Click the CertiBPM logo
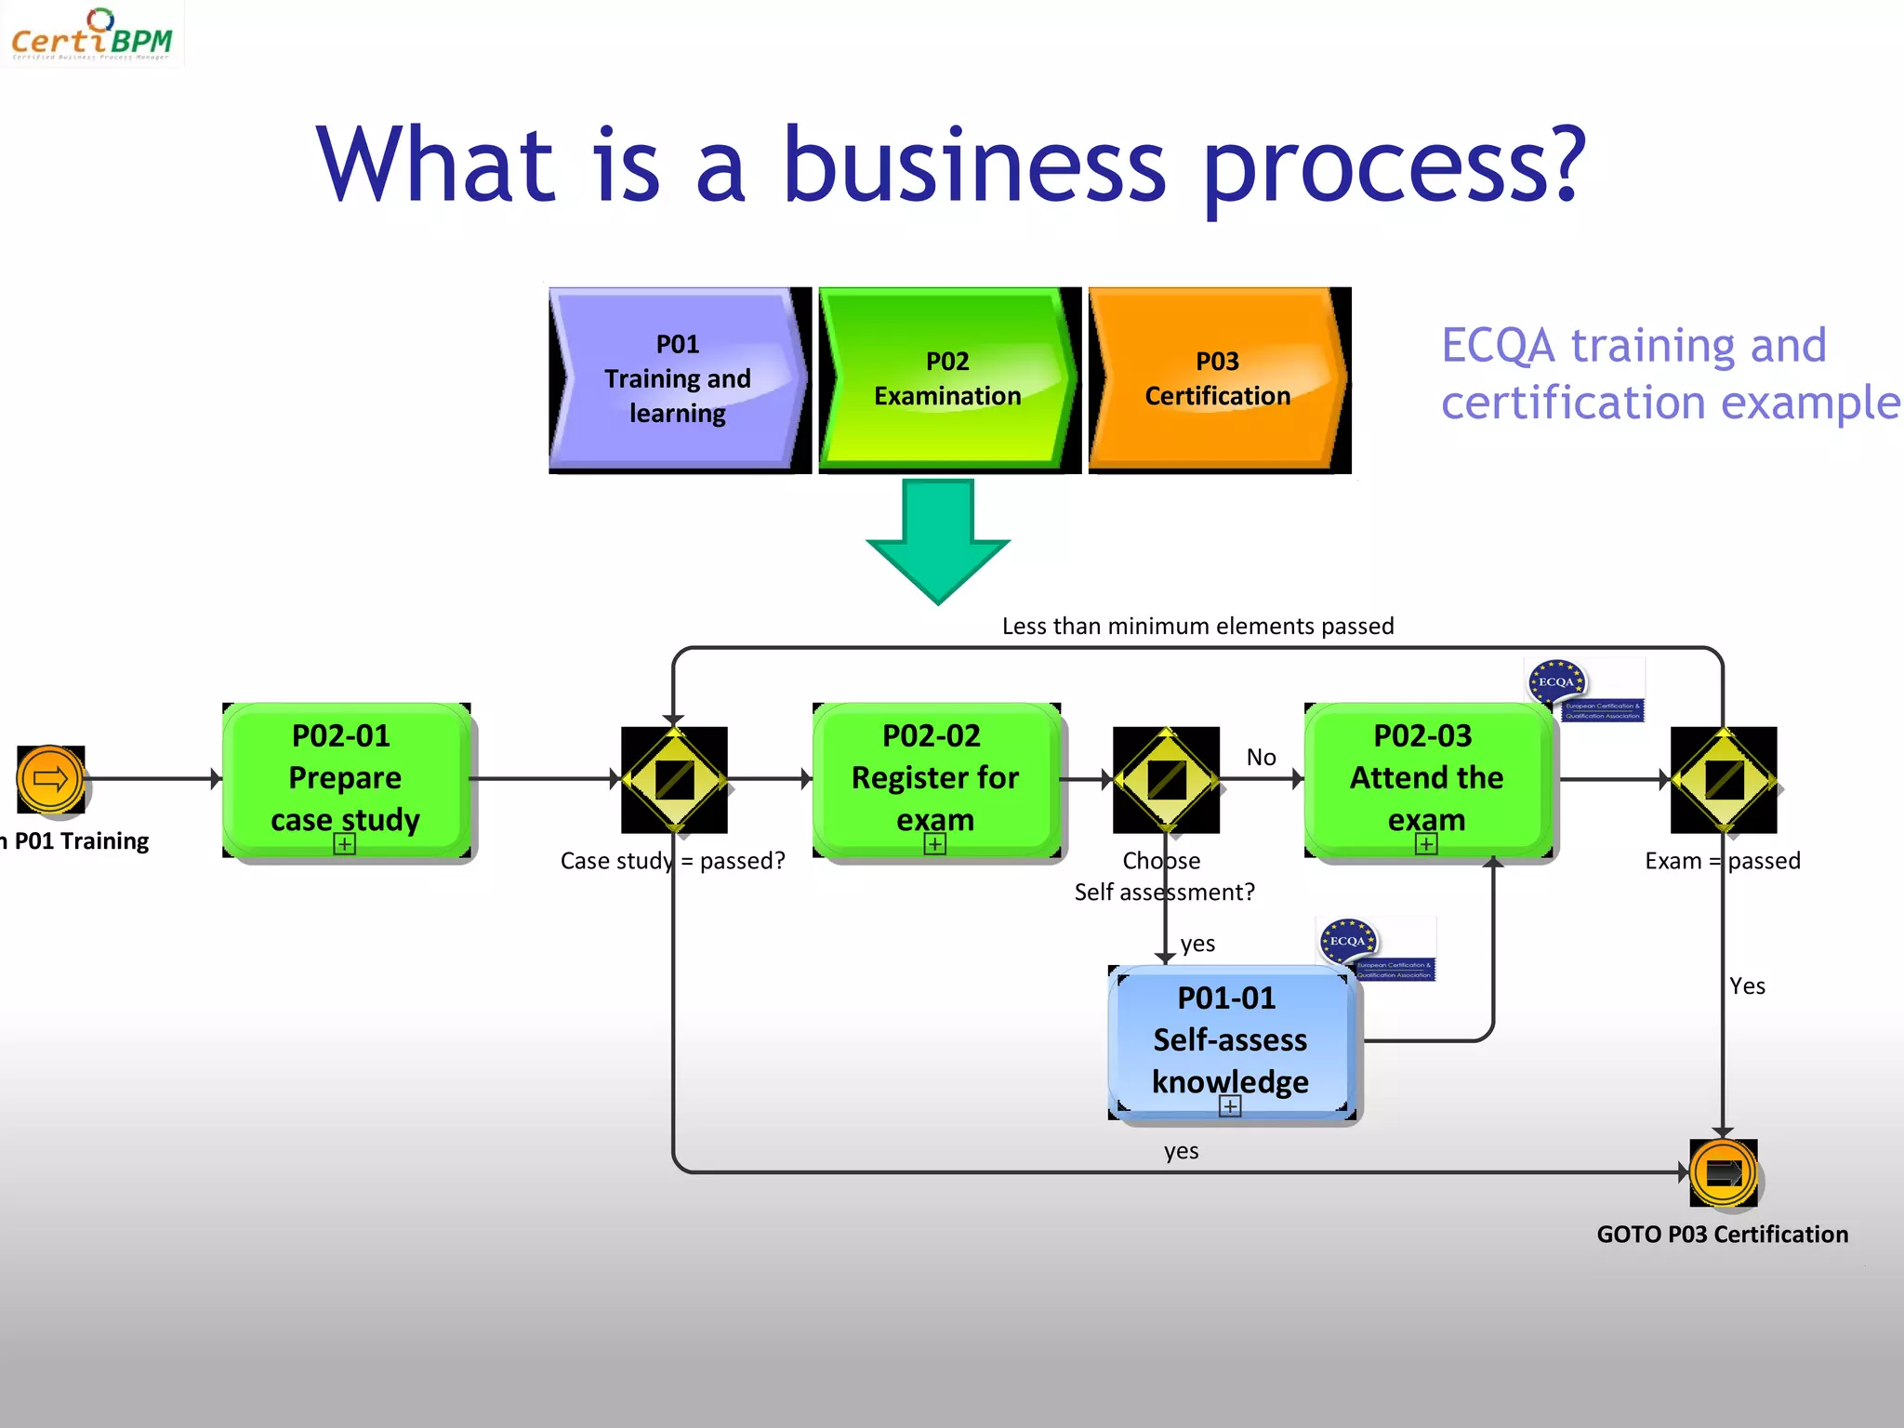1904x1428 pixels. point(91,35)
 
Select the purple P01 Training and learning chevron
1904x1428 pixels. point(678,378)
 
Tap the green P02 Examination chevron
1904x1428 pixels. point(947,378)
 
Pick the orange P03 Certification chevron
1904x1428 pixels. point(1217,378)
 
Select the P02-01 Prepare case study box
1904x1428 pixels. point(346,779)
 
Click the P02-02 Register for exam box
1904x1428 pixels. point(935,779)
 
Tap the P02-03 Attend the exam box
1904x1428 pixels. point(1426,779)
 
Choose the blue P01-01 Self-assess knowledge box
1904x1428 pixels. point(1230,1040)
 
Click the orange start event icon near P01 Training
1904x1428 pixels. point(50,779)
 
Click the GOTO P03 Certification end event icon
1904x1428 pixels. point(1723,1172)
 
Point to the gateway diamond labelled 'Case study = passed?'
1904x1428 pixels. point(674,779)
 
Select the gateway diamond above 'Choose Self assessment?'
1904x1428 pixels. point(1166,779)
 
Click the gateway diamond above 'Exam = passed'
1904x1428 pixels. point(1723,779)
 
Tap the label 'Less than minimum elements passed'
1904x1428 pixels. point(1197,627)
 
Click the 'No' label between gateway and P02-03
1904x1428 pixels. point(1261,757)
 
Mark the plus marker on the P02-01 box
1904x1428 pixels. point(345,844)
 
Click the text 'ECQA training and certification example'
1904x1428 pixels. point(1664,374)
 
